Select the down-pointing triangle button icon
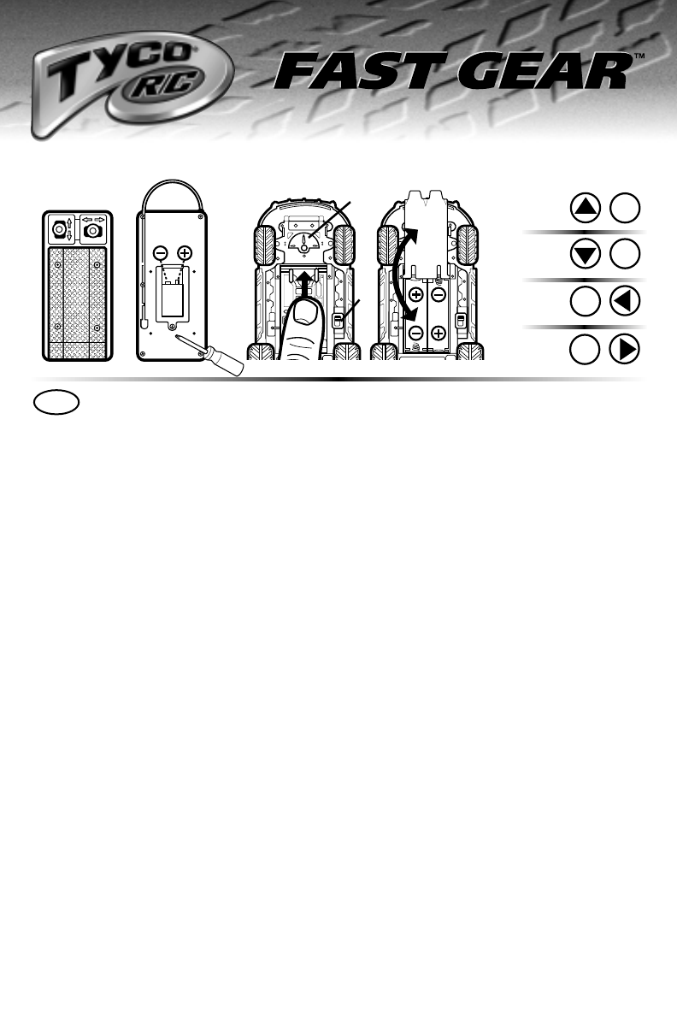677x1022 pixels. (x=586, y=255)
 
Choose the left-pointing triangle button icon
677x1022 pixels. (x=626, y=302)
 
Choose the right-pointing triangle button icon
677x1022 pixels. (x=626, y=350)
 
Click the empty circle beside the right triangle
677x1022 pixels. (x=586, y=350)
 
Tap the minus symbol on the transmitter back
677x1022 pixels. (x=160, y=253)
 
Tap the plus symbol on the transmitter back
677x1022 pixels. (x=185, y=253)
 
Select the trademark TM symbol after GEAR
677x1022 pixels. (x=638, y=56)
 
